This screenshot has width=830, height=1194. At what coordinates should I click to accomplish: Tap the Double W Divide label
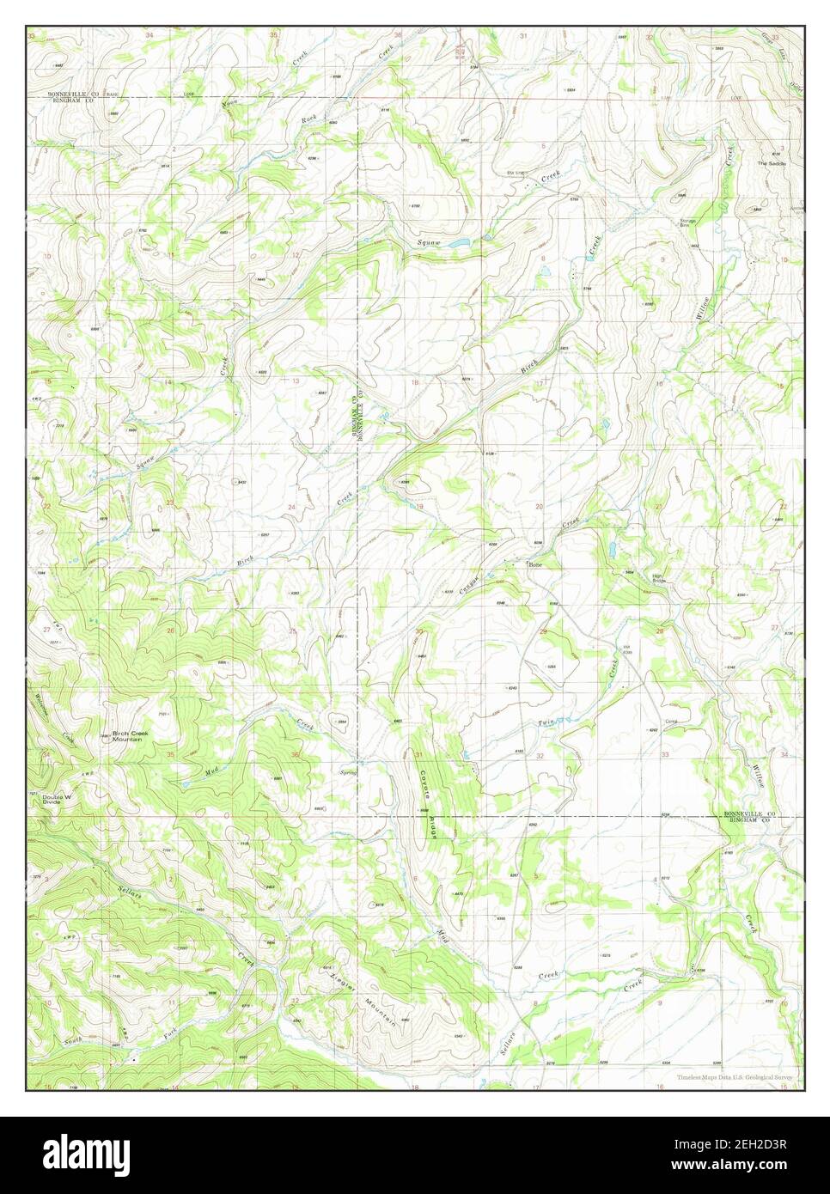point(56,801)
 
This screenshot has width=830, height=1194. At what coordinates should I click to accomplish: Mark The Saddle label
point(767,163)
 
